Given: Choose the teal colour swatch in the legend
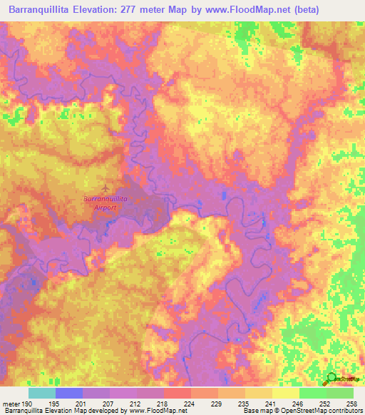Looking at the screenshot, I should tap(42, 393).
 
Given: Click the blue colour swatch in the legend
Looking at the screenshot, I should tap(69, 393).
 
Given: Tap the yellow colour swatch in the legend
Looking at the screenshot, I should tap(286, 393).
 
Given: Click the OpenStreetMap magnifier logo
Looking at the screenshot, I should tap(332, 378).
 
